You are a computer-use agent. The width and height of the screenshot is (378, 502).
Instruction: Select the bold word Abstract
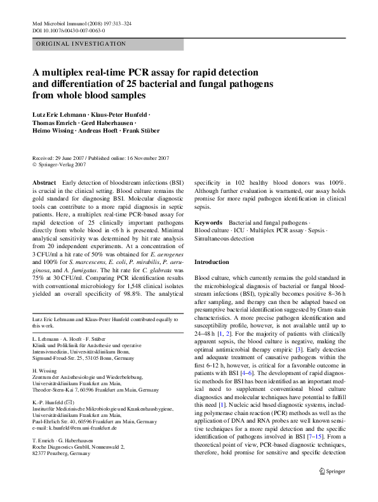(44, 182)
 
